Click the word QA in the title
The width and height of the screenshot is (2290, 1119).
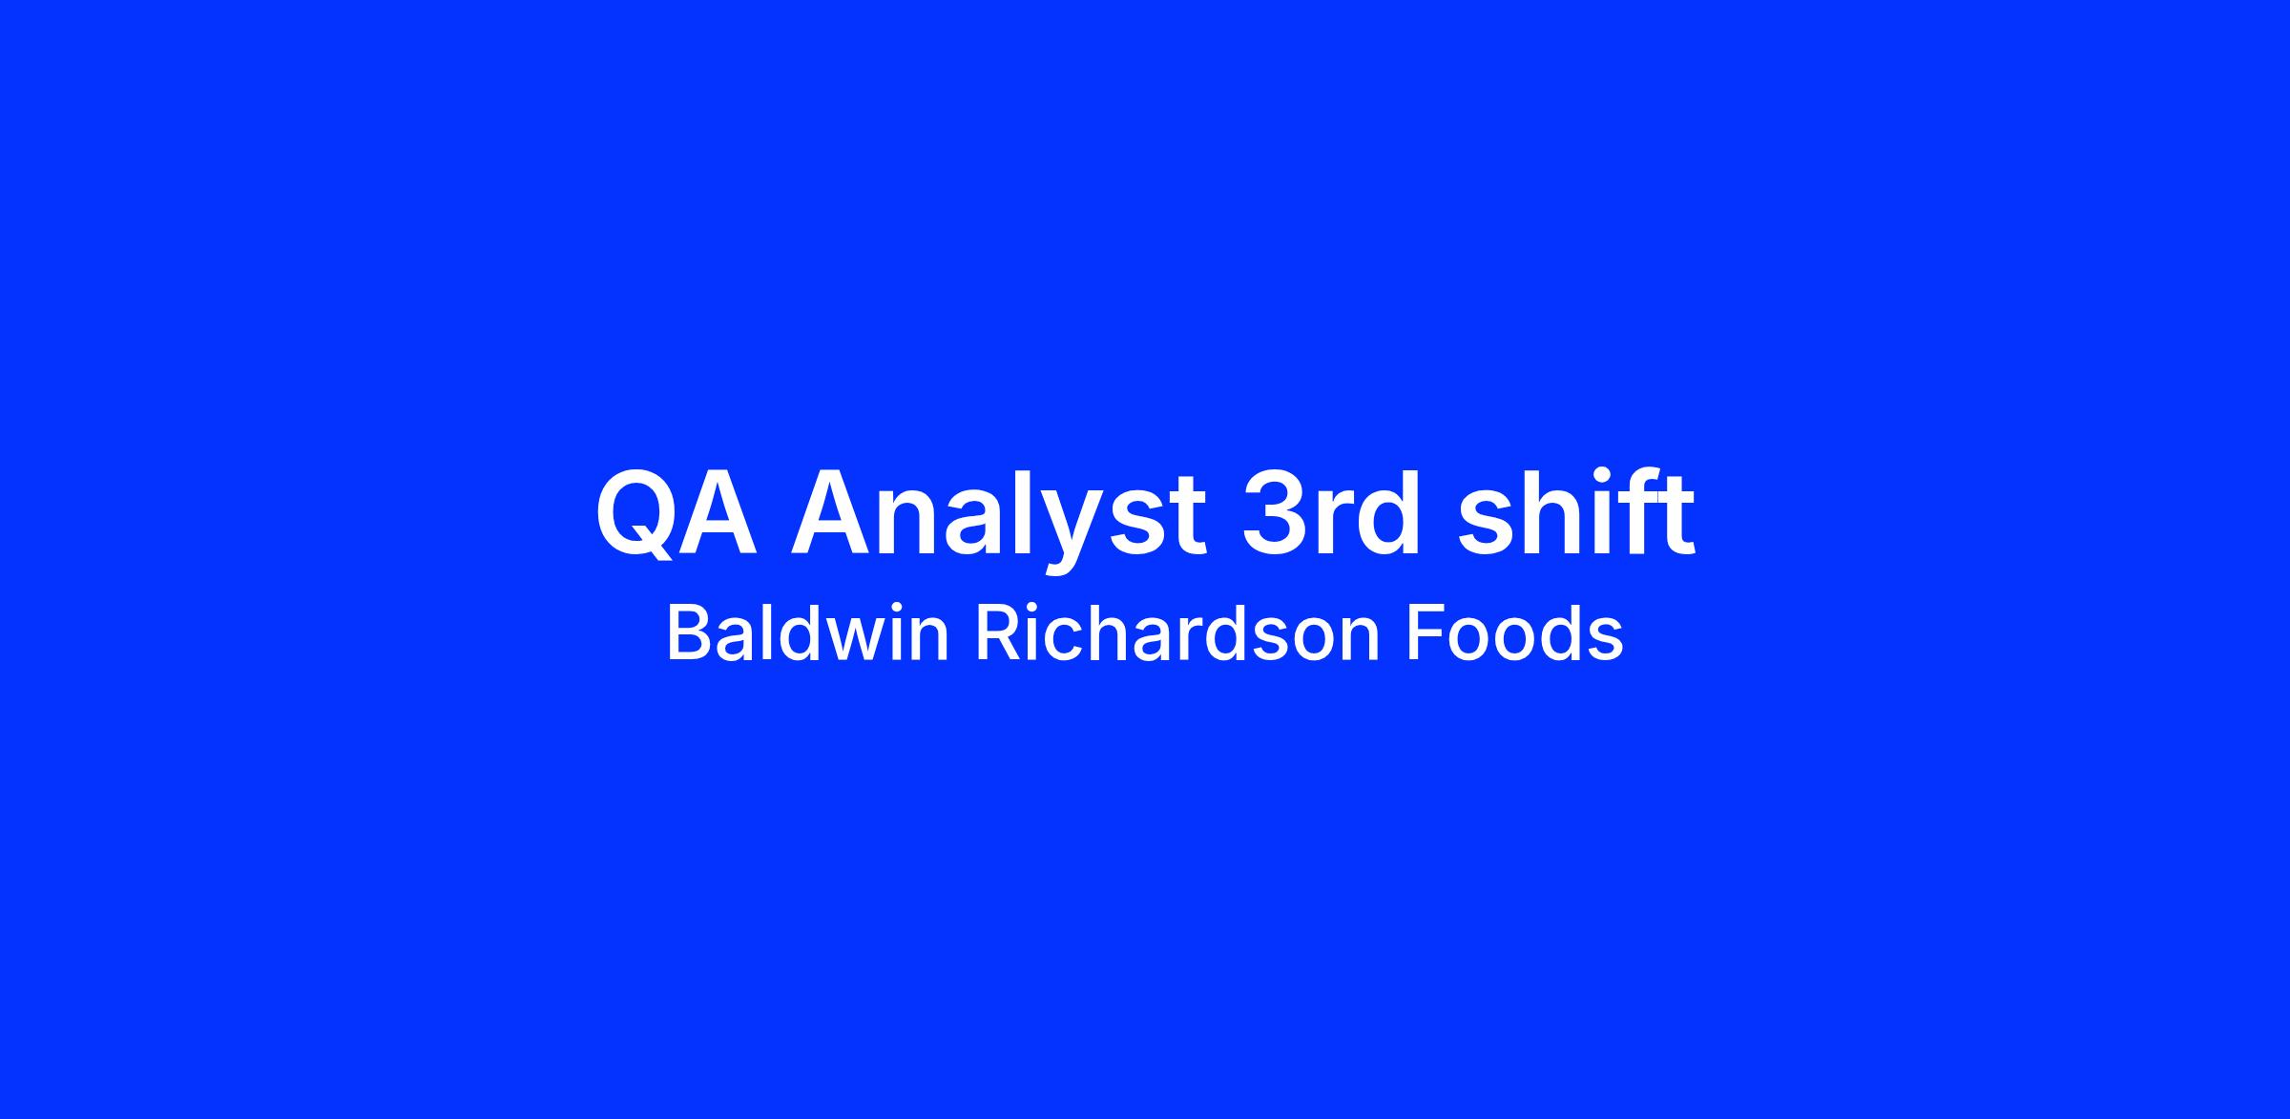tap(677, 513)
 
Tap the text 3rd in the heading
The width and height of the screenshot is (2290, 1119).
tap(1331, 511)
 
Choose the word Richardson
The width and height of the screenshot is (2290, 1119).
tap(1177, 634)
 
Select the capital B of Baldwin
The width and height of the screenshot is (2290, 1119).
tap(687, 634)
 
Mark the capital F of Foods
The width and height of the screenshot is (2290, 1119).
tap(1426, 634)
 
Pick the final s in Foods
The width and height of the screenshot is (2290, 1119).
tap(1606, 641)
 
